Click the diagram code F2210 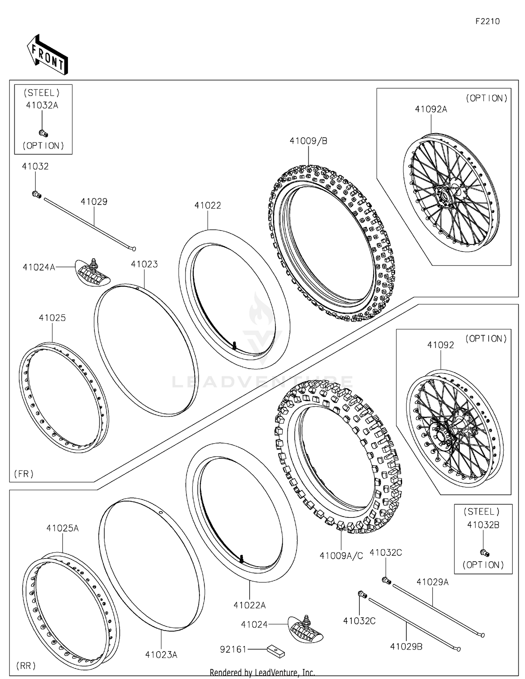click(x=487, y=21)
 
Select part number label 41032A click(x=42, y=105)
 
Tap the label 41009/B click(x=308, y=141)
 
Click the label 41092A click(x=431, y=109)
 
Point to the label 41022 click(x=208, y=206)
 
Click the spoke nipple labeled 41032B click(x=484, y=553)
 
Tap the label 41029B click(x=406, y=646)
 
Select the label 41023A click(x=161, y=654)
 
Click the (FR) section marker click(x=24, y=474)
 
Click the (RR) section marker click(x=26, y=665)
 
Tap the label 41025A click(x=62, y=528)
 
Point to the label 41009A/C click(x=341, y=556)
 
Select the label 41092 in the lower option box click(x=440, y=345)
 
